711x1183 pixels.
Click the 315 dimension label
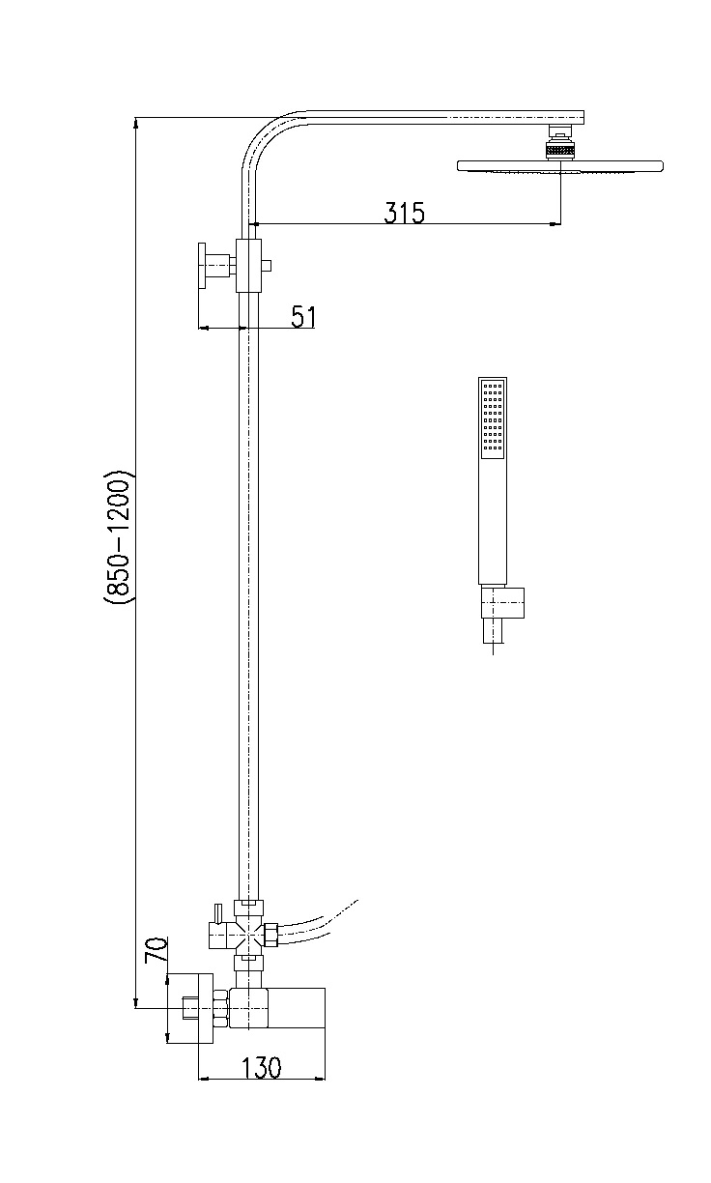click(404, 213)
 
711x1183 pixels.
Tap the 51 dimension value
click(303, 317)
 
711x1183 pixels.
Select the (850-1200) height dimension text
click(117, 537)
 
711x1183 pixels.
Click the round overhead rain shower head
click(559, 166)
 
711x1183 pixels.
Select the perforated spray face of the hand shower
click(492, 418)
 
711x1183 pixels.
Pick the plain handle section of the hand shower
click(492, 521)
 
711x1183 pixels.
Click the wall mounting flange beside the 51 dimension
click(202, 265)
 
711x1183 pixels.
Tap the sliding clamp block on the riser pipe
click(248, 266)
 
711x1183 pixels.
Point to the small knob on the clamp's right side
click(267, 266)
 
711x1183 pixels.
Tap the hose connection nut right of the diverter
click(270, 935)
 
